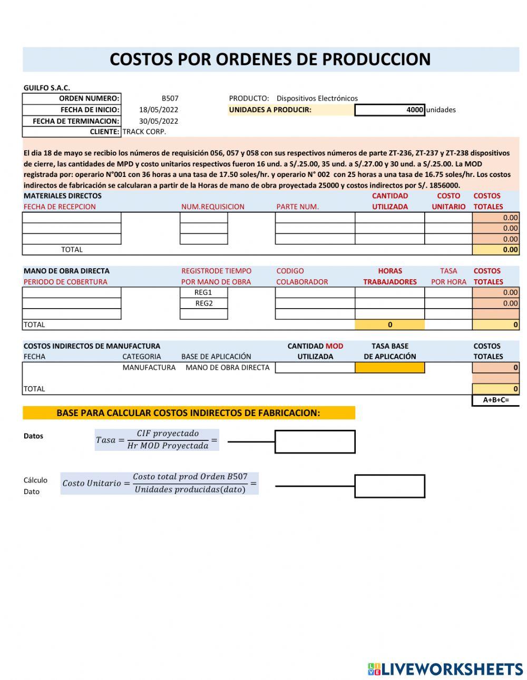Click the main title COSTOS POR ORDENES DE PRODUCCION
[x=270, y=60]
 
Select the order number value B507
[x=170, y=98]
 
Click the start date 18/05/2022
[x=159, y=110]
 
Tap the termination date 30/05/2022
[x=159, y=121]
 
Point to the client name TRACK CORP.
[x=144, y=132]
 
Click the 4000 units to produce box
[x=389, y=110]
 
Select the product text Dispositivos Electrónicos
[x=317, y=98]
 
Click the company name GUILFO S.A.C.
[x=46, y=88]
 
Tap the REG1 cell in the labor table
[x=203, y=292]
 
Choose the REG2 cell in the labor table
[x=203, y=303]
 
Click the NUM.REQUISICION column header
[x=212, y=206]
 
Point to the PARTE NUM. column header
[x=297, y=206]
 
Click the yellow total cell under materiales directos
[x=495, y=250]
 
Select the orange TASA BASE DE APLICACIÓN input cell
[x=389, y=368]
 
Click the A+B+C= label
[x=495, y=400]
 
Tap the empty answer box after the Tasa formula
[x=315, y=441]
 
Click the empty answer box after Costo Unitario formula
[x=389, y=486]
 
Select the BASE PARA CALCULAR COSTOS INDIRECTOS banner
[x=188, y=413]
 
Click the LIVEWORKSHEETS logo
[x=445, y=669]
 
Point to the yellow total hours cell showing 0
[x=389, y=325]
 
